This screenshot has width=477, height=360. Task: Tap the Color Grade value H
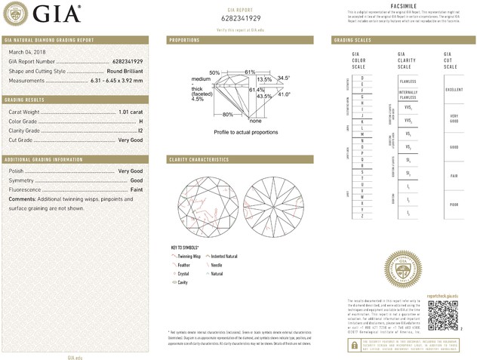pos(141,122)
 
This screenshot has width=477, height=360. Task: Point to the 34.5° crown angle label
pos(284,78)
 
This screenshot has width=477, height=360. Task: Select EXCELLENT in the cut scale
pos(454,89)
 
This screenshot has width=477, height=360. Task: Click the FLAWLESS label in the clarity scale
pos(408,81)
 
